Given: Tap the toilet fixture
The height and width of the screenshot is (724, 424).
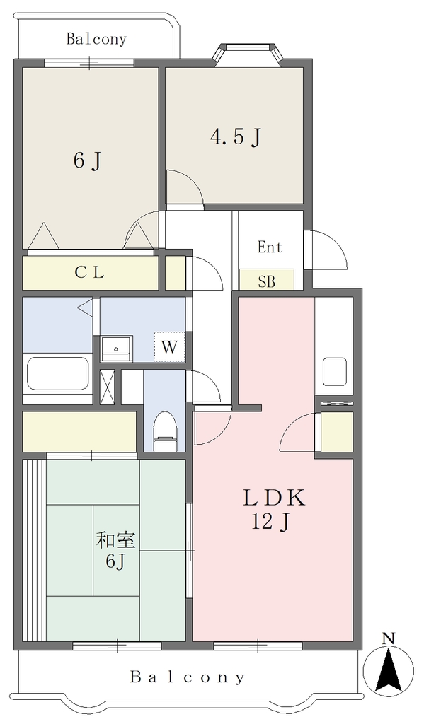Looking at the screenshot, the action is tap(165, 431).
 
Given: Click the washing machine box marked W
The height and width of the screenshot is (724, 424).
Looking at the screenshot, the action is tap(170, 346).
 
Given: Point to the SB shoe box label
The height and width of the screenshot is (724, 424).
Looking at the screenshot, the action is tap(266, 281).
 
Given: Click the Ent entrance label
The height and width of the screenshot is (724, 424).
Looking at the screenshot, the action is tap(270, 247).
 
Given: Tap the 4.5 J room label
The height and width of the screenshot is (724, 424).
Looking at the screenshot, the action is tap(236, 137).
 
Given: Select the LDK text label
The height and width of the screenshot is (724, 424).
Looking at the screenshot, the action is tap(274, 498).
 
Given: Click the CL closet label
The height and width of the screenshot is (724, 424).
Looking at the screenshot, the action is tap(89, 273).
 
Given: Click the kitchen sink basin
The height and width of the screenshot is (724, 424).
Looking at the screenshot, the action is tap(335, 371).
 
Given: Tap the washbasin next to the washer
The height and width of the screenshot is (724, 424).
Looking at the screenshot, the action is tap(117, 348).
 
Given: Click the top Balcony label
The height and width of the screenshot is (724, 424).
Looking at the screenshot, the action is tap(96, 39).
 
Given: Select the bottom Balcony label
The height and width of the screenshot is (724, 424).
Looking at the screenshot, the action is tap(187, 677).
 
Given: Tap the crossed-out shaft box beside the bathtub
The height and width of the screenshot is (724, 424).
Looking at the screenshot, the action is tap(107, 387).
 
